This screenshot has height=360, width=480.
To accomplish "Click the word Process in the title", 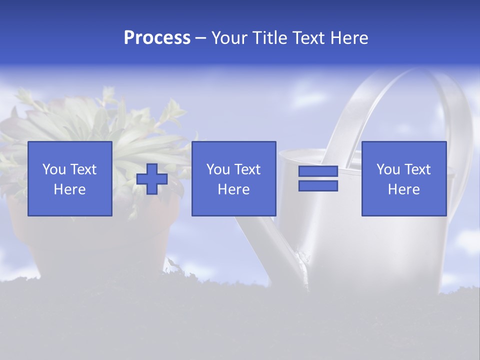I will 157,38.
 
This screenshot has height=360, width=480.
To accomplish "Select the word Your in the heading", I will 230,38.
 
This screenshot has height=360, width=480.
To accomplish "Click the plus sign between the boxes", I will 152,179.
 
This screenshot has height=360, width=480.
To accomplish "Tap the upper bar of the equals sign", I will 318,171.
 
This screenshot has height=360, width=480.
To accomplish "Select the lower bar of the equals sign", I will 318,186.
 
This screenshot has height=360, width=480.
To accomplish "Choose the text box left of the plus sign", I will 70,178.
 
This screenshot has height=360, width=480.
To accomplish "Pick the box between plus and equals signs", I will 234,178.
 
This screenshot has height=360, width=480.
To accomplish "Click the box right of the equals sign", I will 404,178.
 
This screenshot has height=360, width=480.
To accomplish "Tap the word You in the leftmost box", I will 53,169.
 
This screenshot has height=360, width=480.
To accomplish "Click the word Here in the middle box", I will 234,189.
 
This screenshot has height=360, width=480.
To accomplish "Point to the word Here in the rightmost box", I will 404,189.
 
